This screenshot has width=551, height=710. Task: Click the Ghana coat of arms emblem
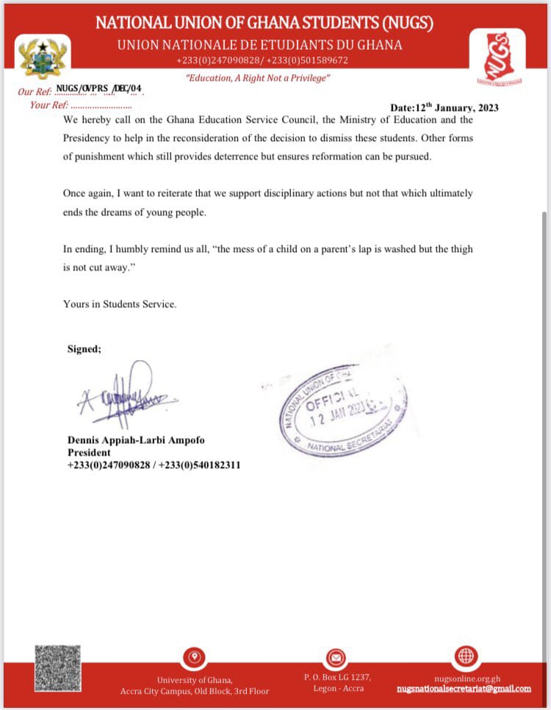(x=43, y=57)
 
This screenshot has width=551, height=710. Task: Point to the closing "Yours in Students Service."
(x=120, y=304)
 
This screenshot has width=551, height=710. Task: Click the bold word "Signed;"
(x=84, y=348)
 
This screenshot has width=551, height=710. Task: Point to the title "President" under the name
(x=89, y=453)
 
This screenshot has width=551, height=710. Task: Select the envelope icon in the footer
(x=336, y=656)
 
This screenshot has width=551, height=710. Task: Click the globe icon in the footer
(x=467, y=656)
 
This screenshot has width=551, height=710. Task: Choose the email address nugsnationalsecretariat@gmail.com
(x=463, y=689)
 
